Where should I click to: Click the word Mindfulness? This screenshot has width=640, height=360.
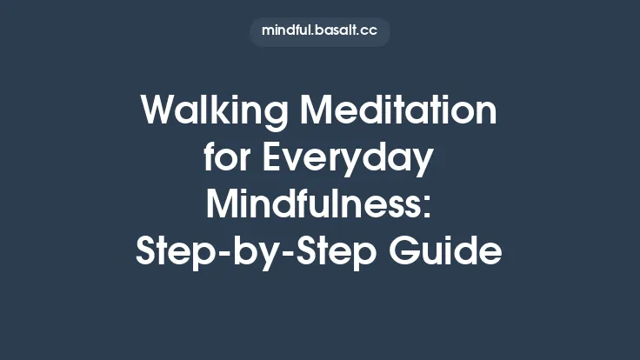point(314,206)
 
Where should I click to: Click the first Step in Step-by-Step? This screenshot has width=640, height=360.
point(174,254)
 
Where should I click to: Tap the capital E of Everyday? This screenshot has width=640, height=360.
point(275,159)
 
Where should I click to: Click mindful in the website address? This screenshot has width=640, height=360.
point(290,31)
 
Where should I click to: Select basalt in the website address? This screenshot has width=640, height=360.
point(340,31)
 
